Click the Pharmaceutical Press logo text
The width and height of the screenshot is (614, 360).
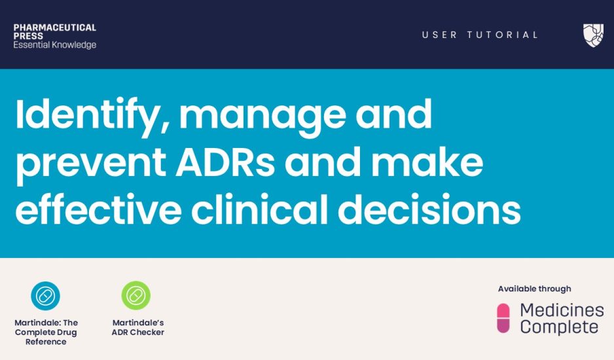55,36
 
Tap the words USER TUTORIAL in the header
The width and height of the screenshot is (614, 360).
480,35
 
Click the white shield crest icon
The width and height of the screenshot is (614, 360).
593,35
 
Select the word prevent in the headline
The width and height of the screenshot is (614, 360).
90,164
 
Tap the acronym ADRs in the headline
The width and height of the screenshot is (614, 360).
225,162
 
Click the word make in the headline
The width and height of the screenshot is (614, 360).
427,162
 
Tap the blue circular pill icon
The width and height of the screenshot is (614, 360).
45,296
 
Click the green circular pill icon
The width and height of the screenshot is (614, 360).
136,296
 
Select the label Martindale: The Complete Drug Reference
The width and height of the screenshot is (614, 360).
46,333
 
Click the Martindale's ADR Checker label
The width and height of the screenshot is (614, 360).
138,327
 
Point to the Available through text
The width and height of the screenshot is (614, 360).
535,289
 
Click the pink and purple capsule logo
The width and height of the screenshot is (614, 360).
503,318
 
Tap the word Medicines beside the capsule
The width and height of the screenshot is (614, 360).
562,310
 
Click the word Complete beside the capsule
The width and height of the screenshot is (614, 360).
559,327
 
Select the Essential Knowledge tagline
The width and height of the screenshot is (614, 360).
55,45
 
